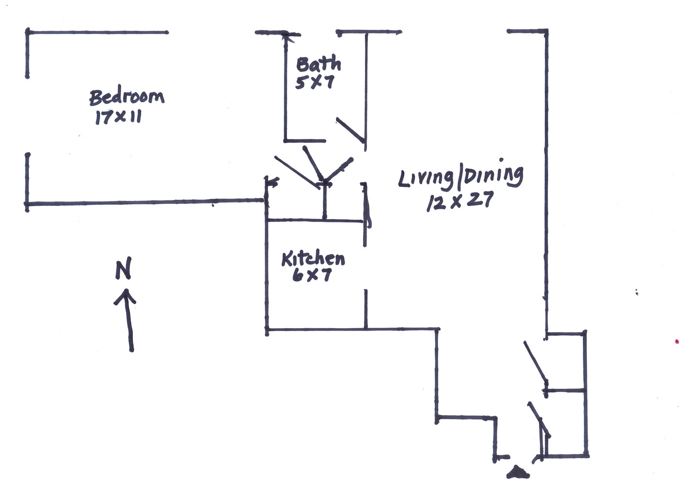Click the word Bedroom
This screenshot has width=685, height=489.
(x=127, y=97)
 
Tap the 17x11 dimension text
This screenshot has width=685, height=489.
(x=118, y=117)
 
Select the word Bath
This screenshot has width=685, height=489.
(x=318, y=64)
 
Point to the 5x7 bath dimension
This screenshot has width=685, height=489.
(x=315, y=82)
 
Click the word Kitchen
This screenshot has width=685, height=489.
(x=313, y=258)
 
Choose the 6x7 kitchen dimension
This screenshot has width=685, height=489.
(x=312, y=275)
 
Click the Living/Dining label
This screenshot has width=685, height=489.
(x=460, y=177)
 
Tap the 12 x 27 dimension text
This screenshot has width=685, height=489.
(x=460, y=201)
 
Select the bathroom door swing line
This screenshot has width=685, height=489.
(x=350, y=130)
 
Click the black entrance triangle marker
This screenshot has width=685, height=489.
(x=517, y=472)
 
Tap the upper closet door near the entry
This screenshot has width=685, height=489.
(x=535, y=362)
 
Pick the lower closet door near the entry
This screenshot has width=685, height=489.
(x=539, y=420)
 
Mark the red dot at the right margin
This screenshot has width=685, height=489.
(x=677, y=341)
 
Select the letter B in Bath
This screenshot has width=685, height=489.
(x=303, y=65)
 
